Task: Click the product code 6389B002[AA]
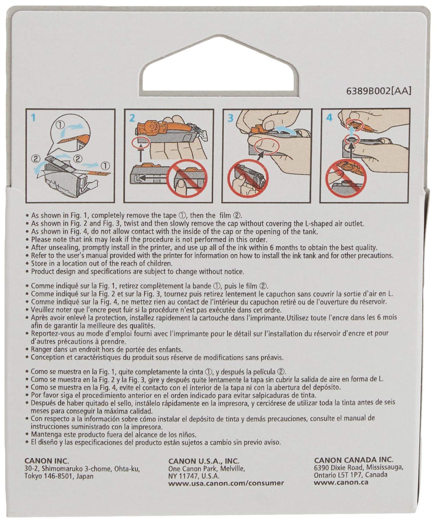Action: [x=379, y=91]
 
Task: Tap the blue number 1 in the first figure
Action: [x=33, y=117]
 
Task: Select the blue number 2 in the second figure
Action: [x=132, y=118]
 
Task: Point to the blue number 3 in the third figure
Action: [x=230, y=118]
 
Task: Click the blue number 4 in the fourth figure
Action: [x=329, y=117]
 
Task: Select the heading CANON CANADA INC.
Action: [x=353, y=460]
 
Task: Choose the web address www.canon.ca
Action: [x=341, y=482]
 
